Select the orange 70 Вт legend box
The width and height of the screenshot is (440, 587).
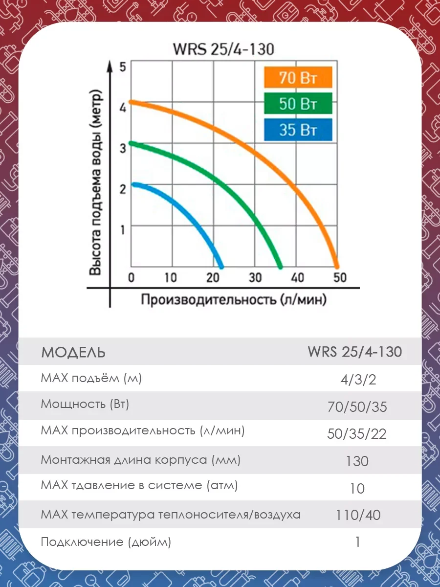click(x=297, y=78)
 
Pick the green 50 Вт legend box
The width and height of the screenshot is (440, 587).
click(x=297, y=104)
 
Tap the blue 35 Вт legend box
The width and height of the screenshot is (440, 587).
click(x=297, y=130)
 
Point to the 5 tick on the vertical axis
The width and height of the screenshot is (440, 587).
click(x=123, y=67)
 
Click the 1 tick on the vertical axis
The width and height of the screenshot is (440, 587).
click(x=123, y=229)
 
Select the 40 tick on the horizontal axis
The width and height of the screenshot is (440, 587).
click(x=297, y=278)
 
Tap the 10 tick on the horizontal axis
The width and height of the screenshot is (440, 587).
click(x=171, y=278)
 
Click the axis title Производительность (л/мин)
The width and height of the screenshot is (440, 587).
click(x=234, y=299)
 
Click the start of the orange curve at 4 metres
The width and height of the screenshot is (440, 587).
click(x=131, y=103)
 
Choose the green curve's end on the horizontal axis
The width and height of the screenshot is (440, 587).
click(x=280, y=267)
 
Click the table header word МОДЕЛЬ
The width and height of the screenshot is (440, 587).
click(x=73, y=352)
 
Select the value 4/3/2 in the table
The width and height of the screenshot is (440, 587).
click(x=358, y=380)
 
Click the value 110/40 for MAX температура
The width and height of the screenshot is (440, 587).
click(x=358, y=515)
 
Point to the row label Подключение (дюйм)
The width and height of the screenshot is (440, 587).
click(x=106, y=542)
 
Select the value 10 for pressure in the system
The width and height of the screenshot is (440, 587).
click(x=358, y=488)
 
